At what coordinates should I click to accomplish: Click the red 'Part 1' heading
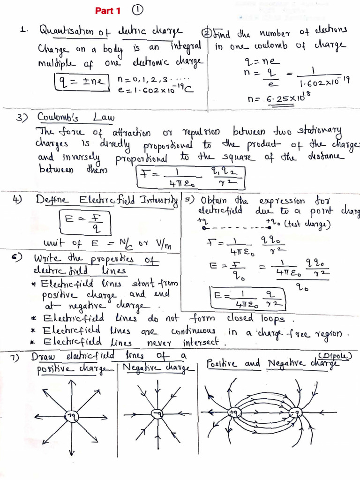tap(108, 10)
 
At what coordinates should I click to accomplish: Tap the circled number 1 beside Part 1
tap(137, 10)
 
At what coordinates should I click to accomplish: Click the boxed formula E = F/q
tap(85, 222)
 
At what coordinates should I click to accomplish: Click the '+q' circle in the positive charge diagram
tap(72, 415)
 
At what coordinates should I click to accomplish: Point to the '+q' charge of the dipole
tap(233, 412)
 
